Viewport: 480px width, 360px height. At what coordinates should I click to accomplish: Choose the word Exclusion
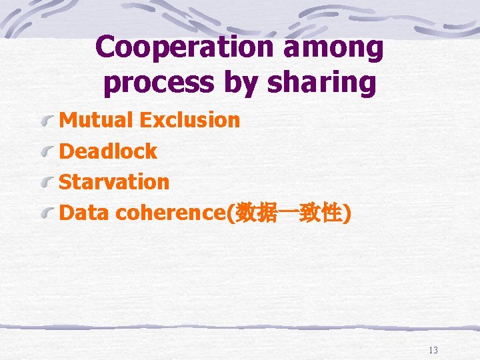coord(189,120)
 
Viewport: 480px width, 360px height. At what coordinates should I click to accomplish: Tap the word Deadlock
coord(108,151)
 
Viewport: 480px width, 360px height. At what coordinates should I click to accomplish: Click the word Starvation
coord(114,181)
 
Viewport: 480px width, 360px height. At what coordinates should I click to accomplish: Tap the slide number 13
coord(433,350)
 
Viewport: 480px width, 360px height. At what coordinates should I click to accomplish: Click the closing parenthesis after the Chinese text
coord(347,213)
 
